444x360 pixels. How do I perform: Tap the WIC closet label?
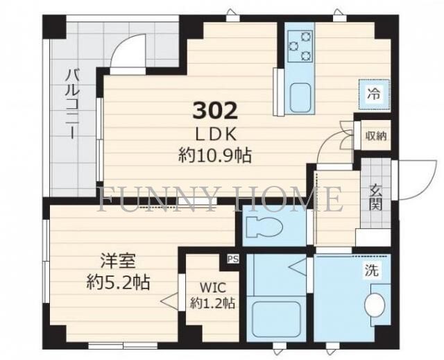point(213,286)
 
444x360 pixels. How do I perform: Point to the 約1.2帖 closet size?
point(213,303)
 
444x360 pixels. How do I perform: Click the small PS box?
point(231,260)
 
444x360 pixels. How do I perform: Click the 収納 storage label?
point(375,136)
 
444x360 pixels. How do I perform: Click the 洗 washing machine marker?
point(373,271)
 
